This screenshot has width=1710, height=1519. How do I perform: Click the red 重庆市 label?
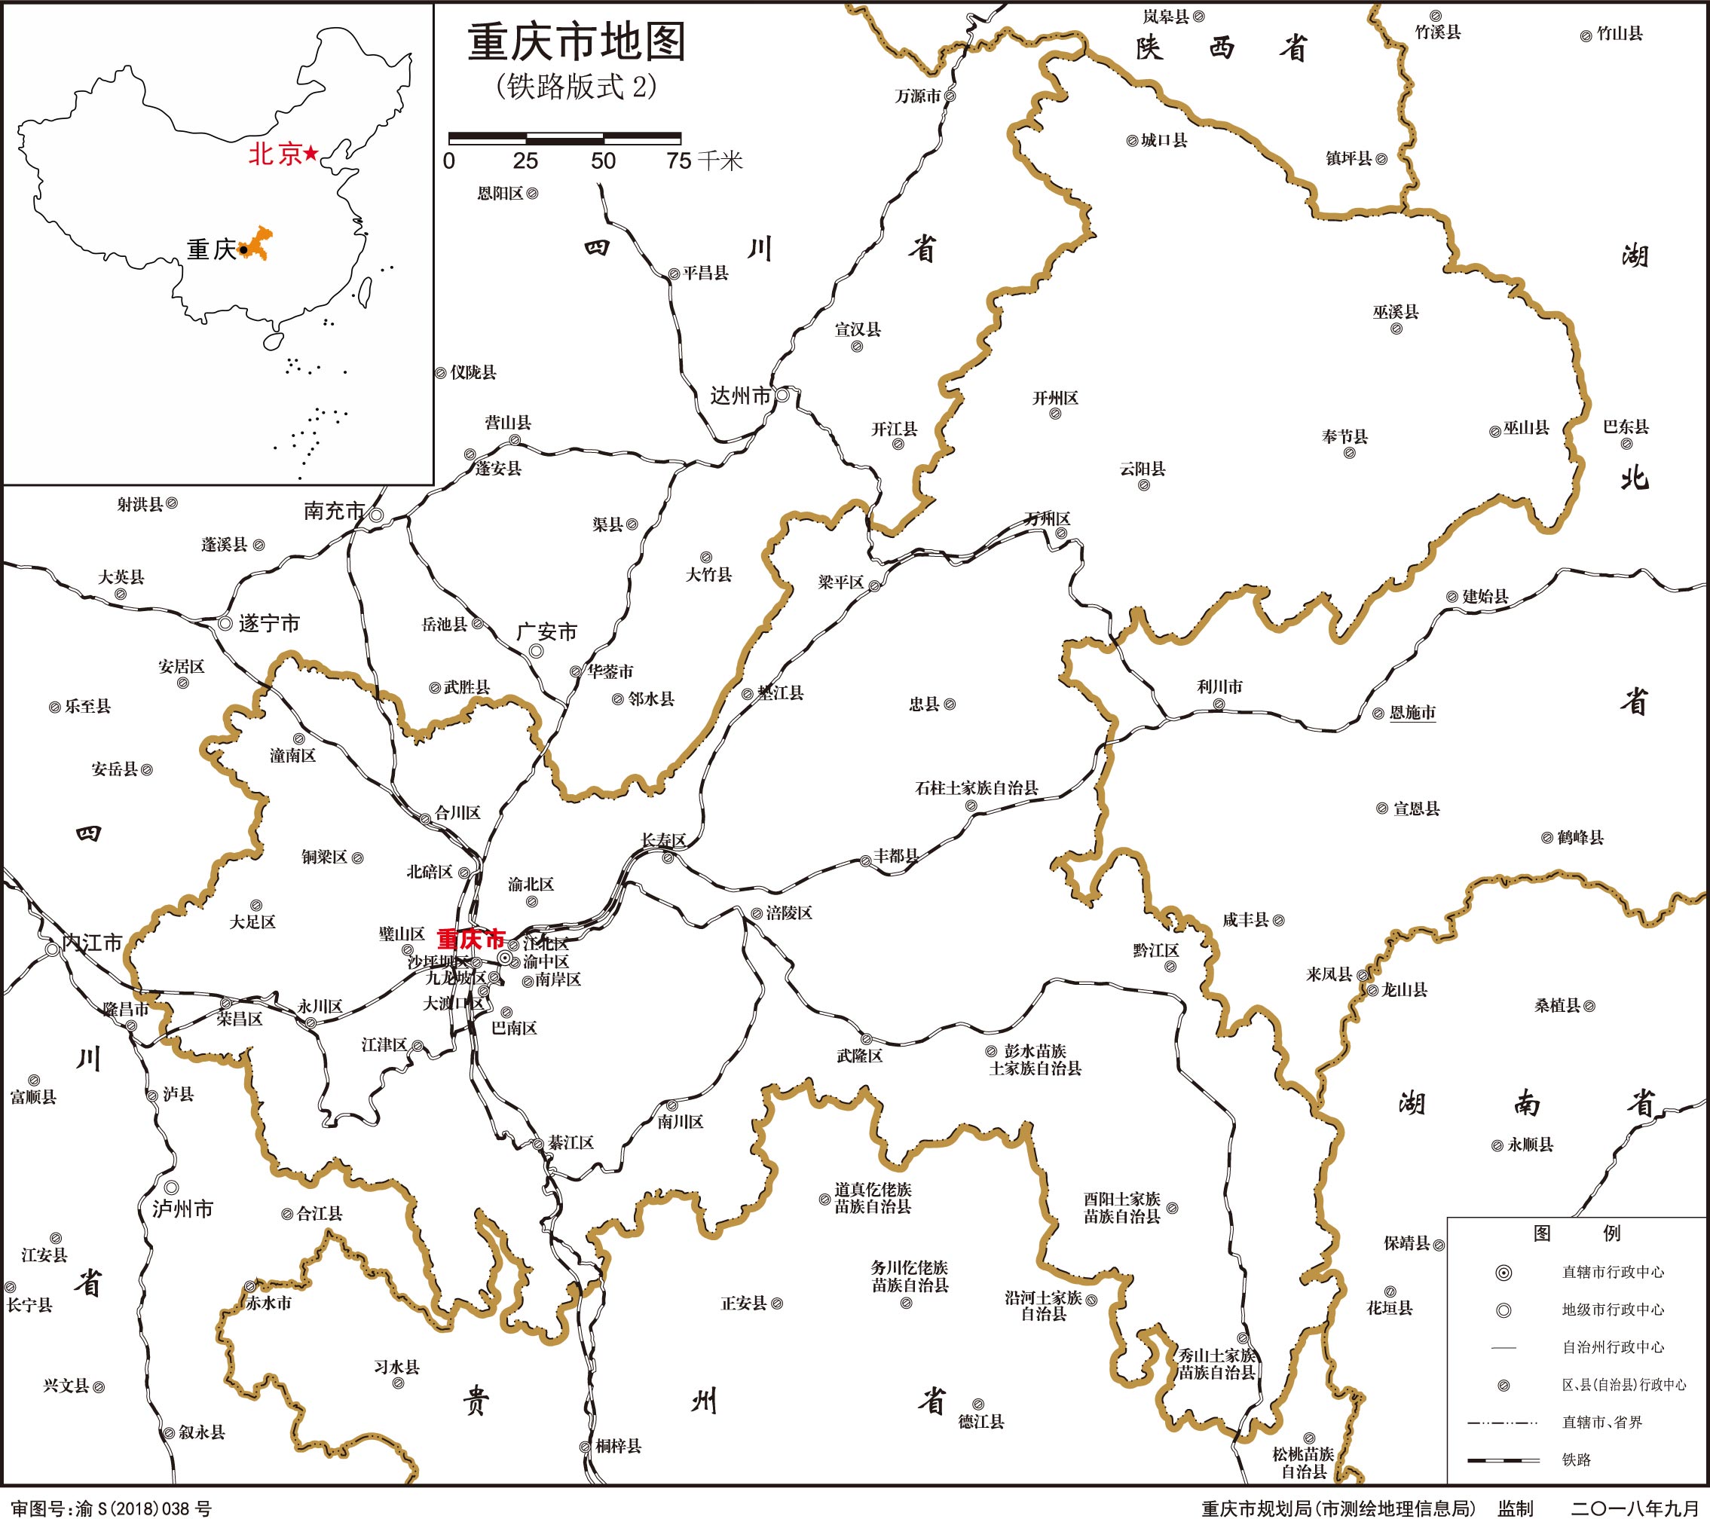471,939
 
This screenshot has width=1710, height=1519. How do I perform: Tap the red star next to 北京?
310,154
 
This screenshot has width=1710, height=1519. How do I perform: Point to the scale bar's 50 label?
602,161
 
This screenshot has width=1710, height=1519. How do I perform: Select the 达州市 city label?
739,396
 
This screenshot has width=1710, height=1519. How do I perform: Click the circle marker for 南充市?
377,515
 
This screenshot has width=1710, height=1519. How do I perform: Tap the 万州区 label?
1048,519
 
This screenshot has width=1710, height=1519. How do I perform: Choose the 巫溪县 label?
1396,312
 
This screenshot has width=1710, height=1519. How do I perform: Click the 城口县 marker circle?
1132,142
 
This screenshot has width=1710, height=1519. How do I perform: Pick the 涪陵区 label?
789,912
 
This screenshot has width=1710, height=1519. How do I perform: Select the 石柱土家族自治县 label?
976,788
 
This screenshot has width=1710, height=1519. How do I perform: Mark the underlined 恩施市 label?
1412,713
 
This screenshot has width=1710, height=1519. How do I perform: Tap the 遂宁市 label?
268,624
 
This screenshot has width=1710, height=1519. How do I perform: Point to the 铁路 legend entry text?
1576,1459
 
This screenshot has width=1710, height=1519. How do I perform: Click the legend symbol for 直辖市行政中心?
1504,1273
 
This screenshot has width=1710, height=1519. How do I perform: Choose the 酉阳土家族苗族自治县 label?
1122,1208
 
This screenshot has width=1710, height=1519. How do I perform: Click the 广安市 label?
547,632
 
